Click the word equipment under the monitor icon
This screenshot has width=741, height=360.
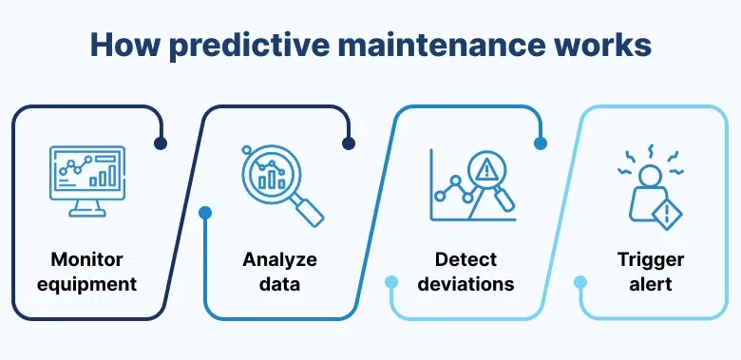[x=94, y=283]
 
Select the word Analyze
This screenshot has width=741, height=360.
[x=279, y=259]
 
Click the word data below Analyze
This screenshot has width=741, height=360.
[x=279, y=283]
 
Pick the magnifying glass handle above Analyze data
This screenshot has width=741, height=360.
[x=309, y=210]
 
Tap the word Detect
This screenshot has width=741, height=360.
[x=466, y=259]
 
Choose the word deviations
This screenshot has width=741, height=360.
[x=466, y=283]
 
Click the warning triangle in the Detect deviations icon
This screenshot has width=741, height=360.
[x=488, y=171]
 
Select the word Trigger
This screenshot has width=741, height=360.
[x=651, y=259]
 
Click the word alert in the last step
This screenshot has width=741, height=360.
[x=651, y=283]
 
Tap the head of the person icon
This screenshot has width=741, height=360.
[x=651, y=177]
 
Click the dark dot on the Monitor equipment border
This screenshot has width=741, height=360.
[x=160, y=144]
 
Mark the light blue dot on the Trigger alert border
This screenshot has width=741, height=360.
[x=580, y=282]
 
